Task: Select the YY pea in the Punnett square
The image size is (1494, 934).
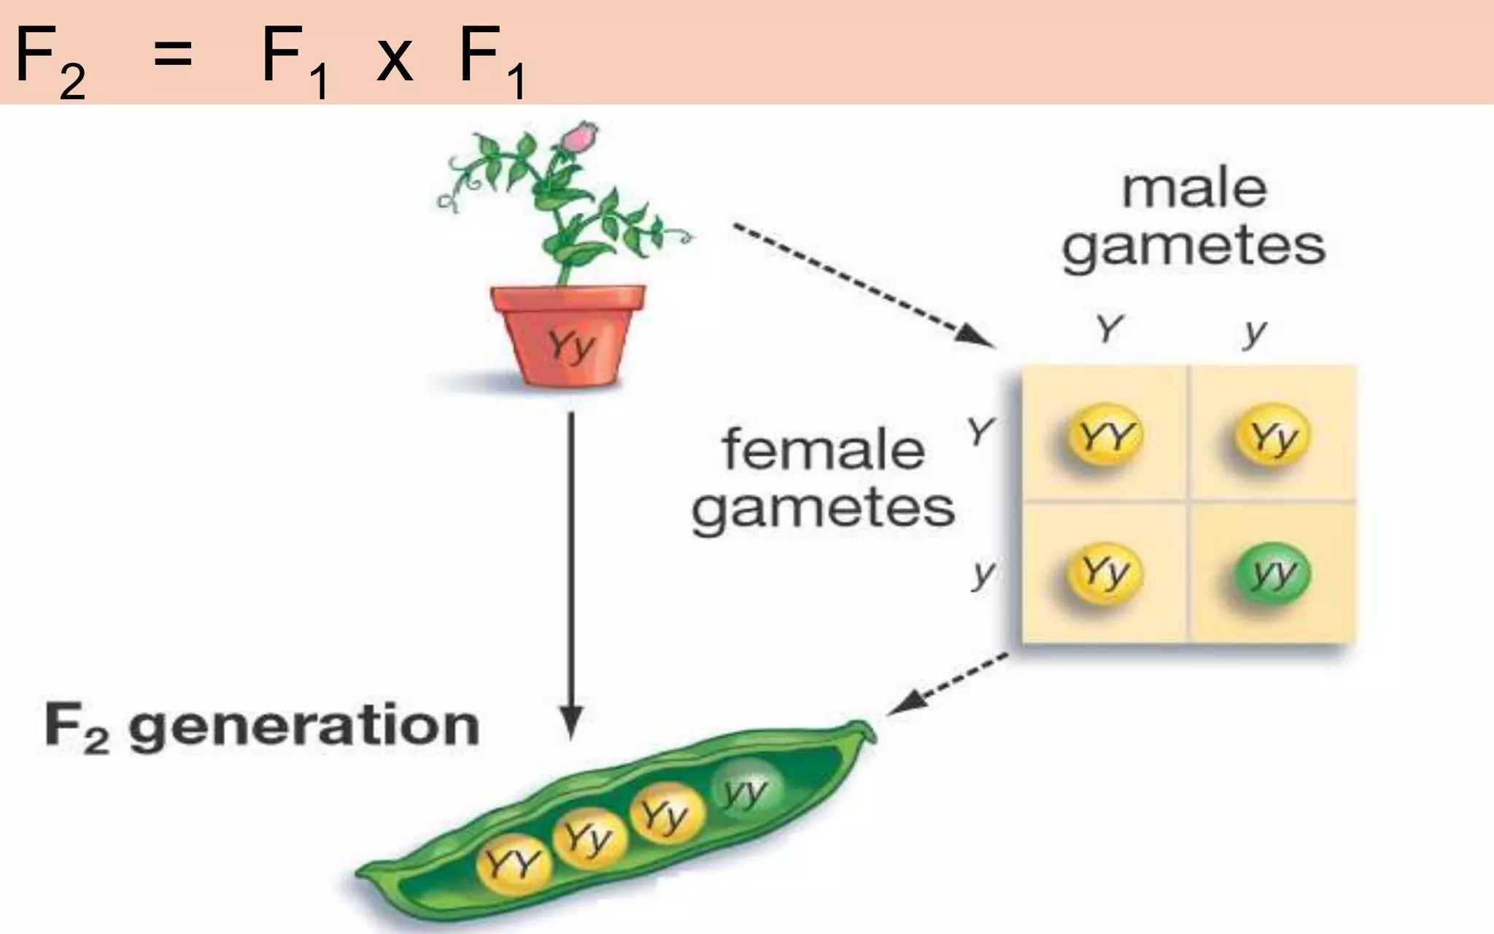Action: (1104, 436)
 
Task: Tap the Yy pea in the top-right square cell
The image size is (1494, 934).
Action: (1272, 436)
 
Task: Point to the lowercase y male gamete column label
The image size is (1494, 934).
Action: (1255, 332)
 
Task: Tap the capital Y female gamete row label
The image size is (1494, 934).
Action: (980, 431)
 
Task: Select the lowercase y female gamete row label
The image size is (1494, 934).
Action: (983, 574)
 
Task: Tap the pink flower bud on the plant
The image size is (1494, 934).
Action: (580, 138)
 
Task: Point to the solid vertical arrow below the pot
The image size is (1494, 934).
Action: (572, 569)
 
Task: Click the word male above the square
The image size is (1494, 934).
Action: (1194, 190)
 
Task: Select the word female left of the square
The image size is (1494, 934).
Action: (824, 449)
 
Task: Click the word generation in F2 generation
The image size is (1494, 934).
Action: (304, 727)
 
